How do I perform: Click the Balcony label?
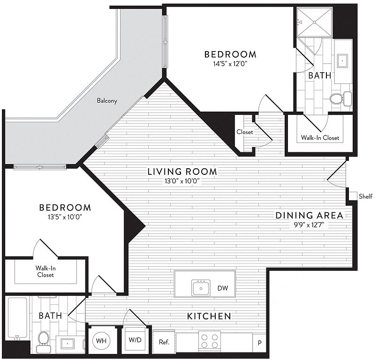pyautogui.click(x=107, y=100)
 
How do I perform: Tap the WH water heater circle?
pyautogui.click(x=101, y=341)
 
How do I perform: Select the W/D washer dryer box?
pyautogui.click(x=135, y=340)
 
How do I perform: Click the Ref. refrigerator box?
pyautogui.click(x=164, y=342)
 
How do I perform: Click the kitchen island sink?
pyautogui.click(x=201, y=287)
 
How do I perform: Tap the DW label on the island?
pyautogui.click(x=222, y=288)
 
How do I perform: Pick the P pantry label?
pyautogui.click(x=260, y=343)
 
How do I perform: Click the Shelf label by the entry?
pyautogui.click(x=365, y=196)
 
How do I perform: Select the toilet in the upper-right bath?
pyautogui.click(x=340, y=98)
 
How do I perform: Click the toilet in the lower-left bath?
pyautogui.click(x=44, y=341)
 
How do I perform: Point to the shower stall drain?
pyautogui.click(x=315, y=22)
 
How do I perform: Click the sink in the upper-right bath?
pyautogui.click(x=342, y=61)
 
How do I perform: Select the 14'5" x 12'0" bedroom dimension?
pyautogui.click(x=230, y=64)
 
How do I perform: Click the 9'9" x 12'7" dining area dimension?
pyautogui.click(x=309, y=225)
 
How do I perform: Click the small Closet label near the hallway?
pyautogui.click(x=245, y=132)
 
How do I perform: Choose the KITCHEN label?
pyautogui.click(x=209, y=316)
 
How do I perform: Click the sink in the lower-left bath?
pyautogui.click(x=68, y=343)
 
